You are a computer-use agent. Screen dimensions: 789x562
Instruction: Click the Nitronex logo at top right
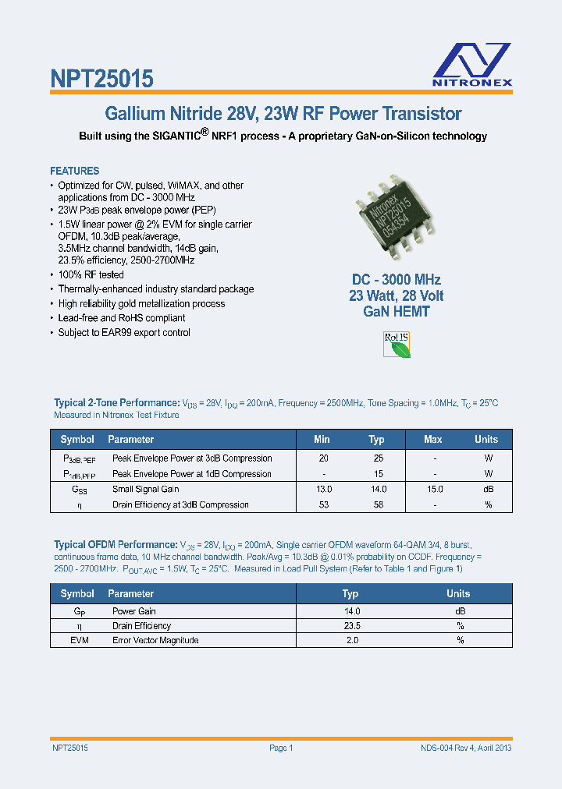coord(472,63)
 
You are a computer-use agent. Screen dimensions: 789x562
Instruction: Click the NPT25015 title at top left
coord(101,78)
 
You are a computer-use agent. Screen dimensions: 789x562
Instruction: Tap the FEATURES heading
coord(74,171)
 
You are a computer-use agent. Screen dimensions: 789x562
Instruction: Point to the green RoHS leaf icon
coord(396,345)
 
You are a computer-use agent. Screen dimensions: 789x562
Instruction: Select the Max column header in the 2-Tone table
coord(432,440)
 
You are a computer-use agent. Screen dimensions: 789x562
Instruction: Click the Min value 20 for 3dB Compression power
coord(322,458)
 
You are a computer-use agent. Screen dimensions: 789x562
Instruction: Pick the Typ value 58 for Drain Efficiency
coord(377,504)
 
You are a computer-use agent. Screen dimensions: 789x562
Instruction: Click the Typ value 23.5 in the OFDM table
coord(351,625)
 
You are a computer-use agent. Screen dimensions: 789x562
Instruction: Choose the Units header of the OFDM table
coord(458,593)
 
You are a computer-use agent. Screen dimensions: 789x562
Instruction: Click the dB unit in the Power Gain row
coord(460,611)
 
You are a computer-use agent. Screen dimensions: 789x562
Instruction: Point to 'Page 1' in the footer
coord(280,748)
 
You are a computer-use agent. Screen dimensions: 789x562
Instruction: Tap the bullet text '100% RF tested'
coord(91,274)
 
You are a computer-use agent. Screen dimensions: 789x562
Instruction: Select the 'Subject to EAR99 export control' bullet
coord(124,332)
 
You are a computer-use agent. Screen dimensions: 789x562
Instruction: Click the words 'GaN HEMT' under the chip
coord(397,311)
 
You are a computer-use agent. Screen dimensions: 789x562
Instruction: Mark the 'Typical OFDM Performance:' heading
coord(116,544)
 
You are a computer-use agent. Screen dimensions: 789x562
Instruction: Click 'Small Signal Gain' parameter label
coord(146,489)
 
